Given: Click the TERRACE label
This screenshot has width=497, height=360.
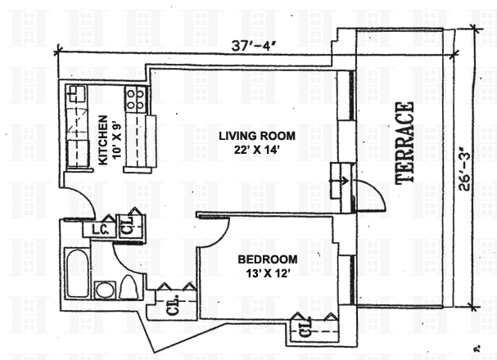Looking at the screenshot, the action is click(404, 143).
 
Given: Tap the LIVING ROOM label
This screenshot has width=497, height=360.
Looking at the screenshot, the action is click(257, 136).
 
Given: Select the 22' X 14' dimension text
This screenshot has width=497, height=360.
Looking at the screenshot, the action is click(256, 150).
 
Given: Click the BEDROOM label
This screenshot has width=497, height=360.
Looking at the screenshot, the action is click(268, 259).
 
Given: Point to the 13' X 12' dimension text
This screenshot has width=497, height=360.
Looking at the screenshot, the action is click(268, 272).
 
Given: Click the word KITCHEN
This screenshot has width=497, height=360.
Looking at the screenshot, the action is click(103, 140).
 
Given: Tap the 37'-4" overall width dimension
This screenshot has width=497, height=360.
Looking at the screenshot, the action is click(252, 46).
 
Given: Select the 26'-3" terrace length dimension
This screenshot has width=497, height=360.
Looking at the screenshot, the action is click(464, 171).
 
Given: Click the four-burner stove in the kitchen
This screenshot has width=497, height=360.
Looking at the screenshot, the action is click(136, 99).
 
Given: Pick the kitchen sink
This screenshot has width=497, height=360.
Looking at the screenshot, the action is click(77, 94).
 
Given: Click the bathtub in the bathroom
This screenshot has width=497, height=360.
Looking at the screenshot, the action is click(77, 273).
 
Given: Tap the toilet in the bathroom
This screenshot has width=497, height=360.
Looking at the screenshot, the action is click(129, 287).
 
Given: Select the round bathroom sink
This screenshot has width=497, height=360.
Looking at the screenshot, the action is click(105, 290).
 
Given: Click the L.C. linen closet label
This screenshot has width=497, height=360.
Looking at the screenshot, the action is click(100, 229).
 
